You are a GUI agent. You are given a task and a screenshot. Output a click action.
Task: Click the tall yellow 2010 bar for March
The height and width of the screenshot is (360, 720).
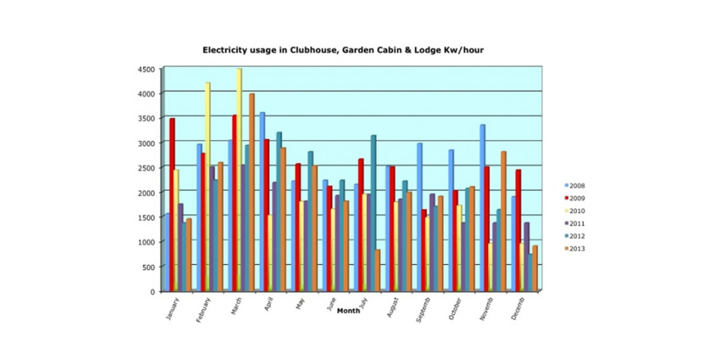pyautogui.click(x=239, y=178)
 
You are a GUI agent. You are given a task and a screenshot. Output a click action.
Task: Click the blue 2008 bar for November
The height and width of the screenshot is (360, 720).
pyautogui.click(x=482, y=206)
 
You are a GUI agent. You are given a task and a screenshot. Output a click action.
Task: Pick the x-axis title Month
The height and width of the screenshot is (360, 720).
pyautogui.click(x=348, y=311)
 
